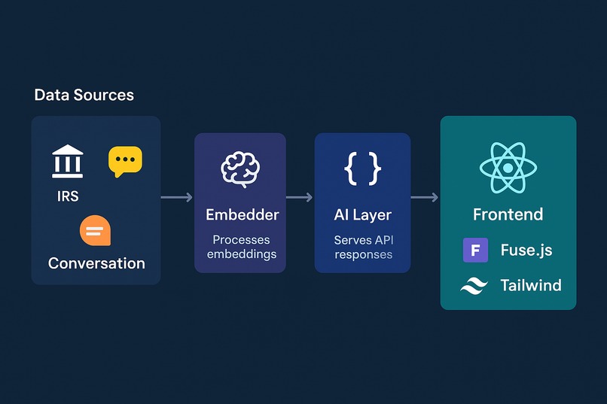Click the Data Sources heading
coord(84,95)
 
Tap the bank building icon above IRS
coord(67,162)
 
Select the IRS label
coord(68,196)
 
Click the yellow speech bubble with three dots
coord(125,161)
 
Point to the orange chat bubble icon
coord(95,230)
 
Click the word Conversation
coord(96,263)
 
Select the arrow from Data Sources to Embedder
coord(176,198)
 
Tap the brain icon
coord(240,169)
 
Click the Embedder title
coord(242,215)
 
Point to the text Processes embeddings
coord(242,247)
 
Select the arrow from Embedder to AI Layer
coord(299,198)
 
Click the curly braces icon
coord(363,169)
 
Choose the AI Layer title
coord(363,215)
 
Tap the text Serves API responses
coord(364,248)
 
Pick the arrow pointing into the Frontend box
coord(425,198)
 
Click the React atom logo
coord(508,168)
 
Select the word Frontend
coord(508,214)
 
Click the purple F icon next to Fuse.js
coord(475,250)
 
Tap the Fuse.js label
coord(526,250)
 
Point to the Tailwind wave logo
coord(474,286)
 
